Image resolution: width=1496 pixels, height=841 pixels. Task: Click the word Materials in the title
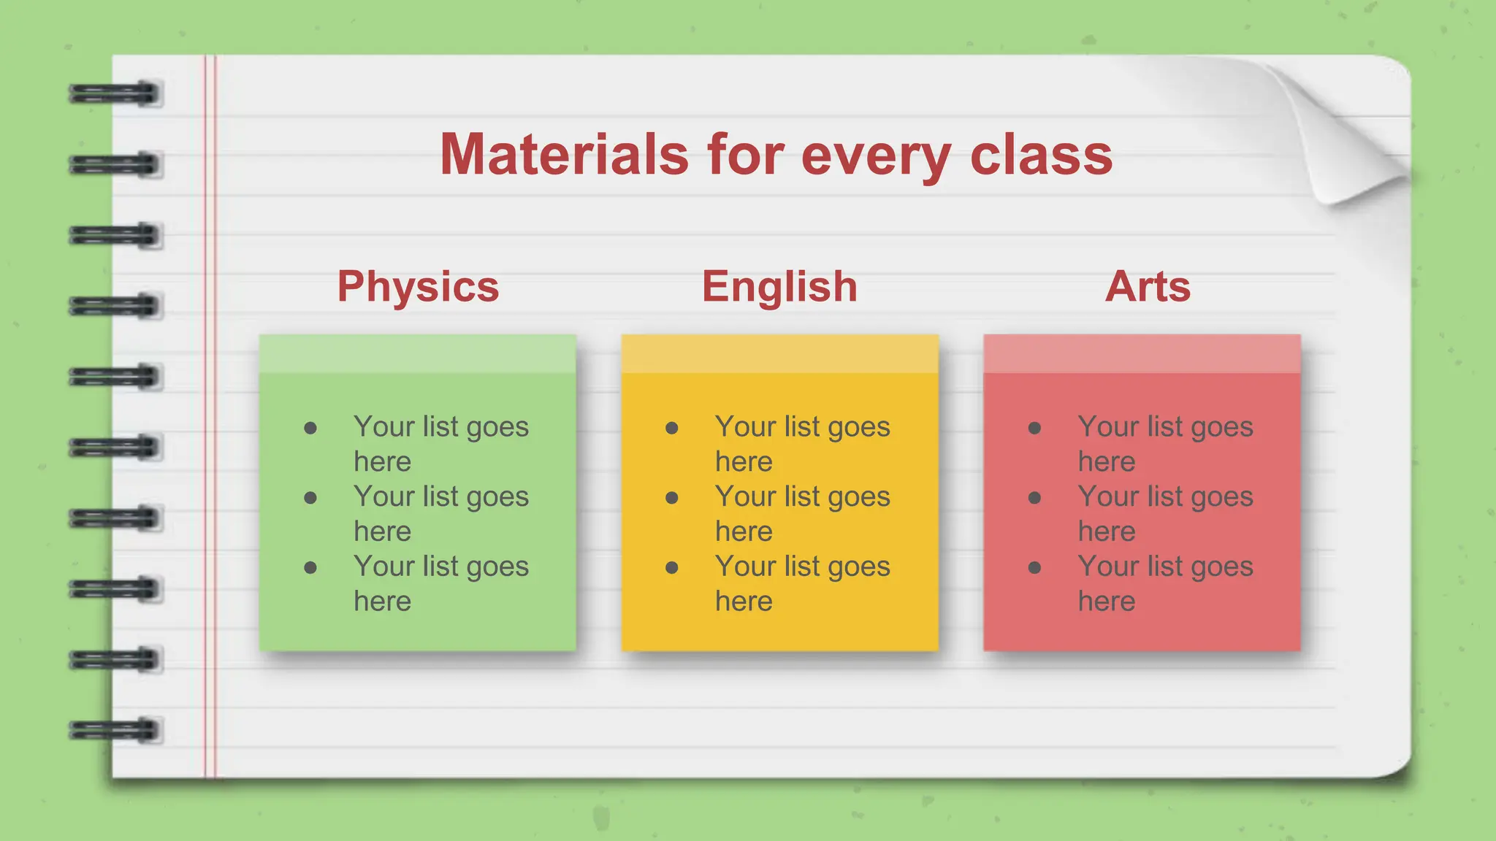point(564,155)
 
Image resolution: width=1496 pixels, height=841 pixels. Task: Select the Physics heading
point(418,286)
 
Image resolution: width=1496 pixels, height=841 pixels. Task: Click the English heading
point(779,286)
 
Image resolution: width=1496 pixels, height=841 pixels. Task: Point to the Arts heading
point(1148,286)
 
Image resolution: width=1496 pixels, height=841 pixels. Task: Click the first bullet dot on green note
point(310,428)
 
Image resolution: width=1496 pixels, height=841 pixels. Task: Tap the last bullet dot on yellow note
point(672,568)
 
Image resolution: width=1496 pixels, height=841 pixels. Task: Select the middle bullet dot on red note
point(1034,498)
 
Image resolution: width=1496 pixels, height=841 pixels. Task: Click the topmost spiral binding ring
point(115,93)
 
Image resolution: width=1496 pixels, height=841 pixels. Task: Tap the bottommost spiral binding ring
point(115,730)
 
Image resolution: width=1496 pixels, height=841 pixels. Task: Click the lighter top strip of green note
point(418,354)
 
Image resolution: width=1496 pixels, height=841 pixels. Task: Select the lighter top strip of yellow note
point(779,354)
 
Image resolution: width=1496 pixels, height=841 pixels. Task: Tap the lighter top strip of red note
point(1142,354)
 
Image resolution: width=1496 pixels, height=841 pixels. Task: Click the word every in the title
point(876,156)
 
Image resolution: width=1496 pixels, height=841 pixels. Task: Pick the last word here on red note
point(1107,602)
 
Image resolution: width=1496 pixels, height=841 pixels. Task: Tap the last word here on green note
point(382,602)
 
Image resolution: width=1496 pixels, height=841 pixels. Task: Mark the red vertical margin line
point(210,416)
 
